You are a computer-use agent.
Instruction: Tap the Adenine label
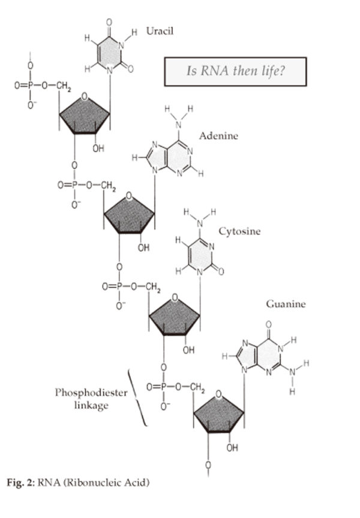(218, 136)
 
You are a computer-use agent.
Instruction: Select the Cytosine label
(239, 231)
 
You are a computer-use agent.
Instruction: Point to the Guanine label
(286, 304)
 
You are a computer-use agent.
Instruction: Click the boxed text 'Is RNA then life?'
(235, 71)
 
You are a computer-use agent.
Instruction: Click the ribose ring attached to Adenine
(130, 213)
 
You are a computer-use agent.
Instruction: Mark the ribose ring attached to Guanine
(218, 413)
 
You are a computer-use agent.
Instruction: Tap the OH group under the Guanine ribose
(232, 447)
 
